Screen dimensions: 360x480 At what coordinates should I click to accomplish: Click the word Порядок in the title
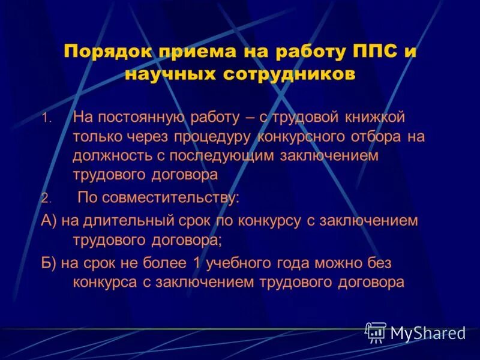[104, 51]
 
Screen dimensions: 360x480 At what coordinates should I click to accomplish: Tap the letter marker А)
[49, 220]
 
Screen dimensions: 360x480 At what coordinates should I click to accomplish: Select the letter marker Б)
[49, 263]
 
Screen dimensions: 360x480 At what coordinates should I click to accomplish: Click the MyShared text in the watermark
[427, 333]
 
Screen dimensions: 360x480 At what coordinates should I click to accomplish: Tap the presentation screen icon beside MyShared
[376, 332]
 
